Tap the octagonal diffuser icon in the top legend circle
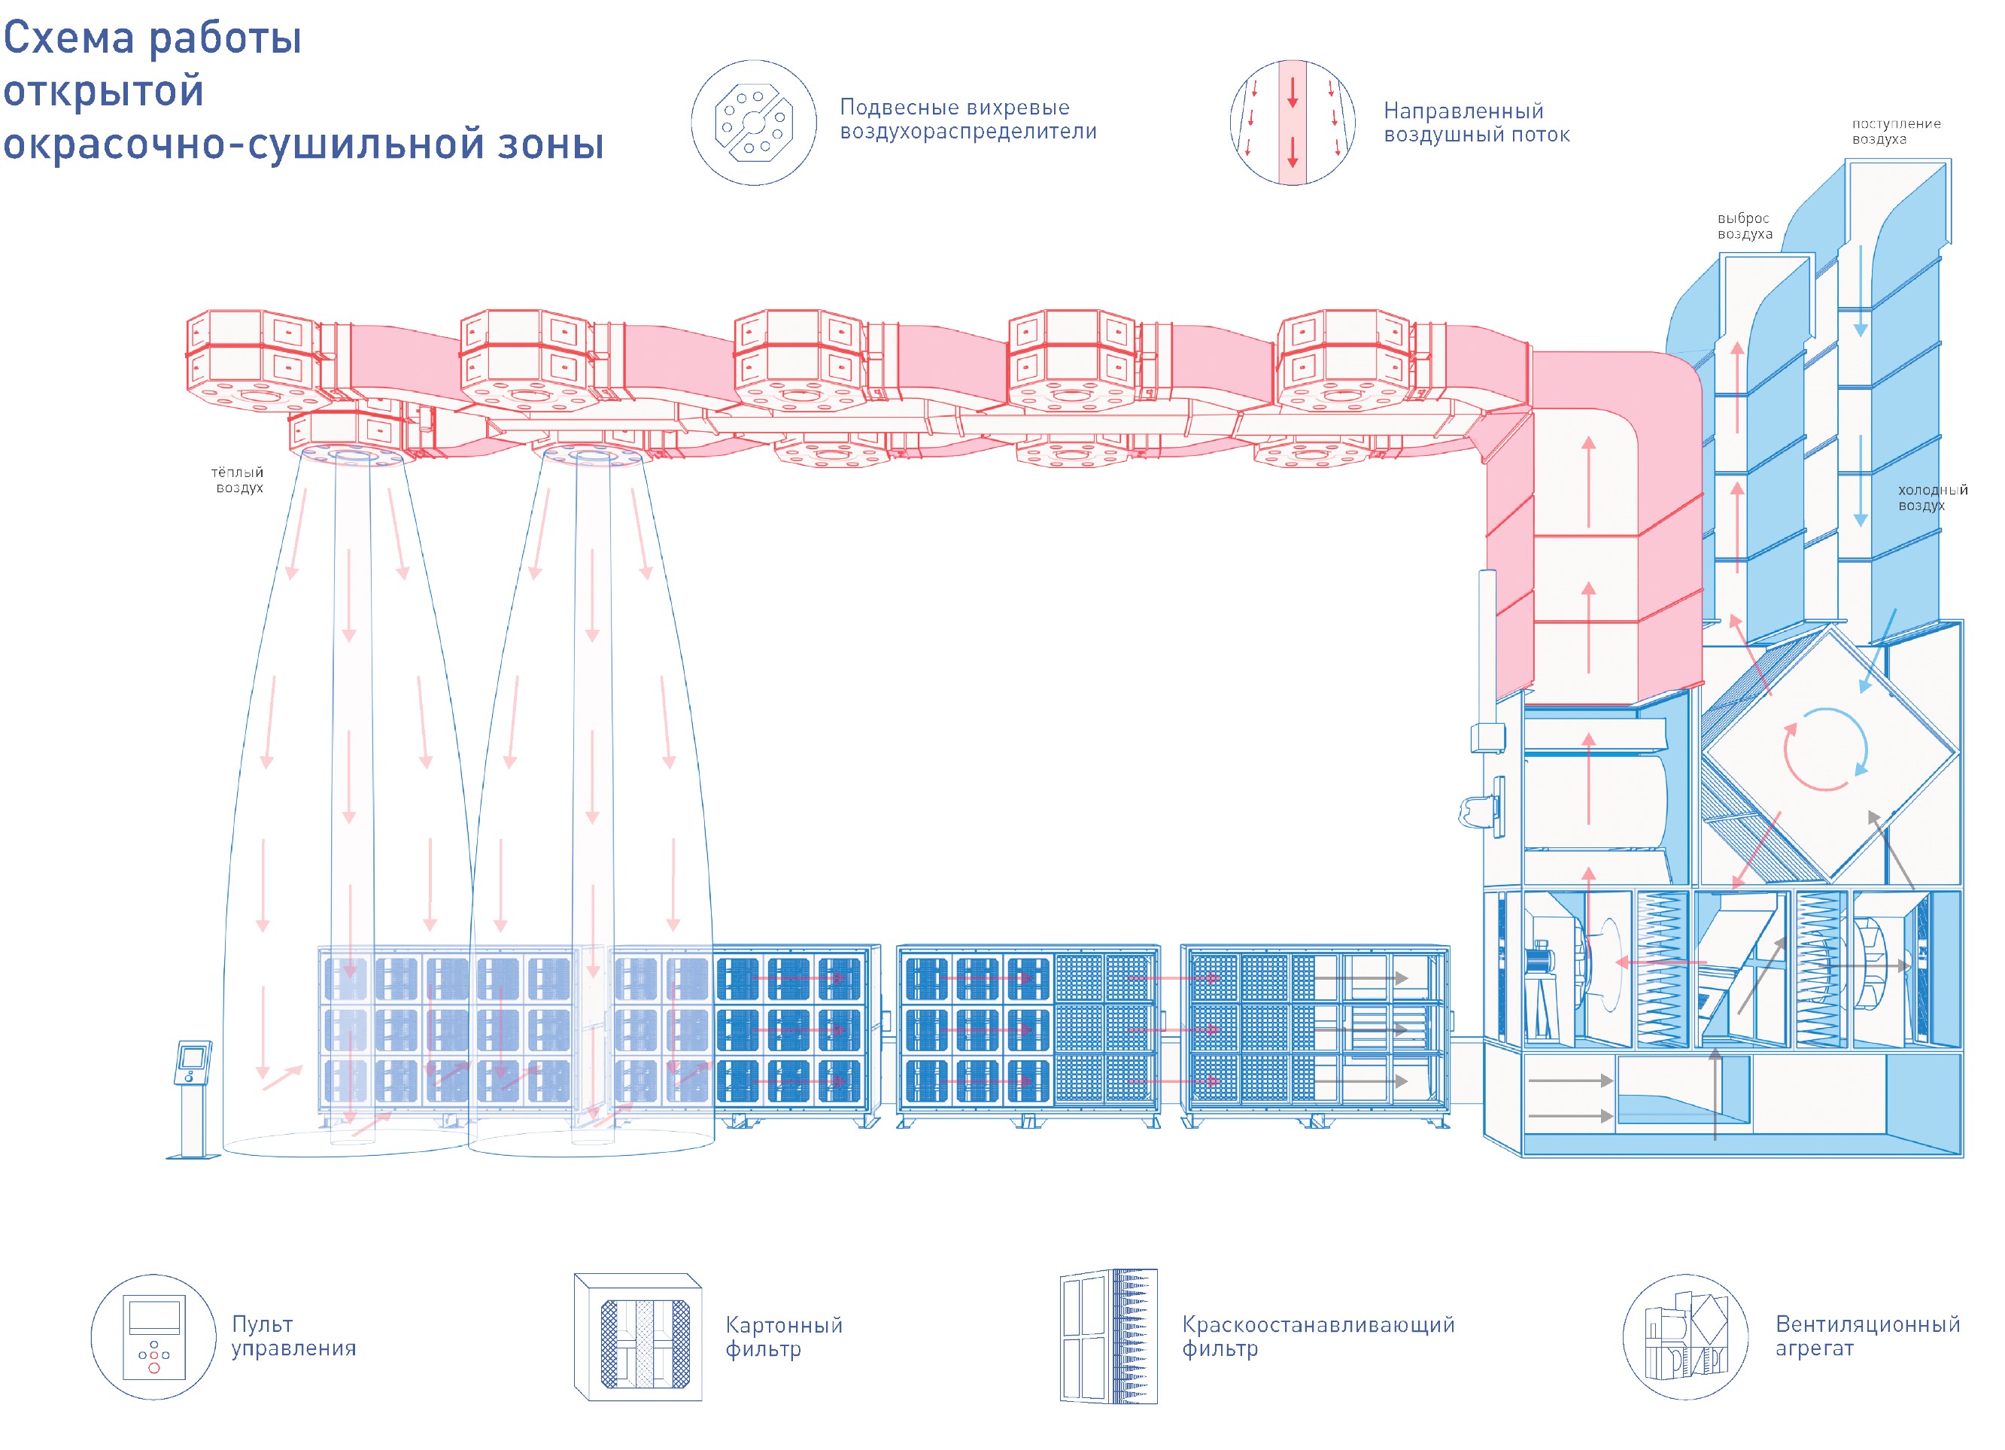[x=753, y=123]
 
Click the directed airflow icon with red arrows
[x=1292, y=123]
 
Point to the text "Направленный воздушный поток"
[x=1475, y=123]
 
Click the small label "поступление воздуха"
[x=1895, y=131]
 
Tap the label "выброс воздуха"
[x=1744, y=226]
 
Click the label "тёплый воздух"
[x=238, y=479]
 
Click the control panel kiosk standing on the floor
[x=193, y=1096]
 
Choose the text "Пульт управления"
[x=293, y=1336]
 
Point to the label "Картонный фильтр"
[x=783, y=1336]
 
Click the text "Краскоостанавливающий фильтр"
[x=1317, y=1336]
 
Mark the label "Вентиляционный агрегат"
[x=1867, y=1336]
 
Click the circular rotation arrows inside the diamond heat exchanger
[x=1824, y=749]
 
